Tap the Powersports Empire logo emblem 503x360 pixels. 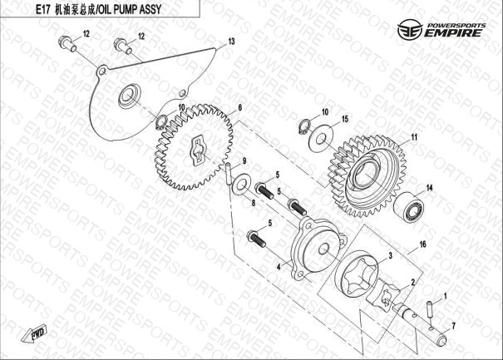pos(409,30)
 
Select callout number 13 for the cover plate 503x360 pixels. pos(231,42)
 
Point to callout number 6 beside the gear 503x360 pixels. pos(240,107)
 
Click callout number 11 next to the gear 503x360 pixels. pos(414,137)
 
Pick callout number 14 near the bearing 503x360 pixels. pos(429,188)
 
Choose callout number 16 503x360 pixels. pos(423,244)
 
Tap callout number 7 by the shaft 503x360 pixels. pos(453,326)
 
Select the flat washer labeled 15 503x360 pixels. pos(321,139)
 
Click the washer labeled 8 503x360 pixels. pos(240,184)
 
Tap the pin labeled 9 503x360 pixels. pos(228,174)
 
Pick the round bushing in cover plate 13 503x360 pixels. pos(130,96)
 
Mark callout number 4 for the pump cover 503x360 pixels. pos(279,267)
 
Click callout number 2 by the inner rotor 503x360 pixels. pos(413,282)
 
